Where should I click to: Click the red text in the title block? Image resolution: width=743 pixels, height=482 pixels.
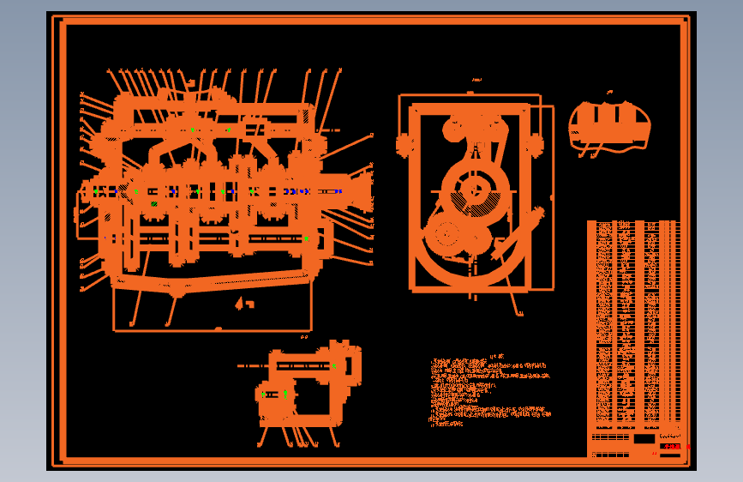point(672,446)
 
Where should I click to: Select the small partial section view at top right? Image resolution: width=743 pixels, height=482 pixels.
point(609,126)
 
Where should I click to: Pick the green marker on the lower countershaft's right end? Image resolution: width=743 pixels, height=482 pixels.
point(306,238)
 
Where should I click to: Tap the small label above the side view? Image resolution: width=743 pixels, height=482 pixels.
point(475,81)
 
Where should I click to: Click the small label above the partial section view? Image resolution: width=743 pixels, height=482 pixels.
point(609,91)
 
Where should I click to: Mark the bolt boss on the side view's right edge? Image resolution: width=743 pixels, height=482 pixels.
point(538,144)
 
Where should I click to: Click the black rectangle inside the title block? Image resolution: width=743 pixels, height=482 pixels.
point(644,438)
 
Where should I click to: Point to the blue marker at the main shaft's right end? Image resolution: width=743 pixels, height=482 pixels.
point(339,191)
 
